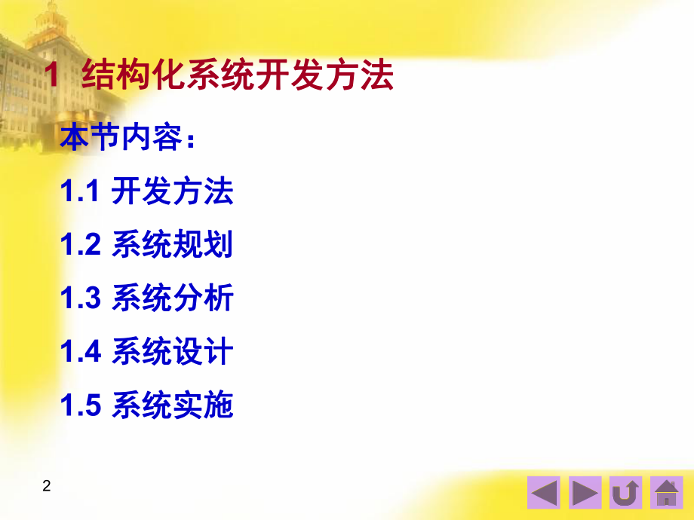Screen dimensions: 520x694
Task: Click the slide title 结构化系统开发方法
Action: click(x=237, y=77)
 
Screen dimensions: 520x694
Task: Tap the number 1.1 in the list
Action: click(x=81, y=192)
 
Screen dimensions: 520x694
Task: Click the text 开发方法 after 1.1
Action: click(x=173, y=191)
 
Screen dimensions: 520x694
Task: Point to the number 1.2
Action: click(x=81, y=246)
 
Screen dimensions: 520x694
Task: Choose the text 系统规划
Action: click(x=173, y=246)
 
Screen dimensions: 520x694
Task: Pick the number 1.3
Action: click(x=81, y=299)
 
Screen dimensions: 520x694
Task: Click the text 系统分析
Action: click(x=173, y=299)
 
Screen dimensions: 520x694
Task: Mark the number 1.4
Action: click(x=81, y=353)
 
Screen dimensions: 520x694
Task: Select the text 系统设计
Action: click(x=173, y=353)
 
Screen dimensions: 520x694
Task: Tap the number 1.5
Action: click(x=81, y=406)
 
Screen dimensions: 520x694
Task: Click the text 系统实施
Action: click(x=173, y=406)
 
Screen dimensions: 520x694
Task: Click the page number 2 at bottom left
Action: click(x=47, y=486)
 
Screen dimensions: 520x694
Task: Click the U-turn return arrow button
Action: click(x=625, y=492)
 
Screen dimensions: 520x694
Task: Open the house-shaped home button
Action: click(x=666, y=492)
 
